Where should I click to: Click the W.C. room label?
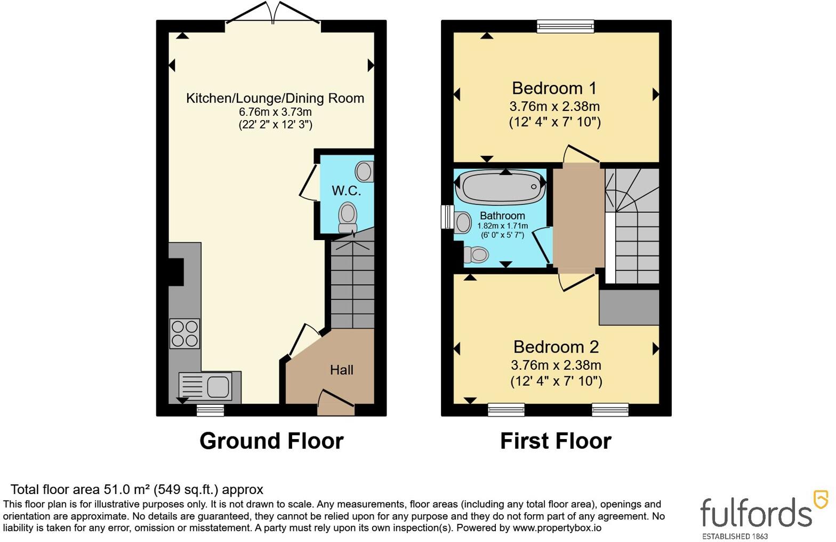[x=347, y=191]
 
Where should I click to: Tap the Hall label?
[x=341, y=370]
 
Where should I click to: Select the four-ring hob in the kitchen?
[x=184, y=333]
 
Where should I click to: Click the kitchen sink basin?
[x=219, y=387]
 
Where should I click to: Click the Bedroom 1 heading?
[x=554, y=89]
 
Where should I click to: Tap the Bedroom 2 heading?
[x=556, y=347]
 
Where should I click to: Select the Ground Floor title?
[x=271, y=441]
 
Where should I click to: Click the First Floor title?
[x=556, y=441]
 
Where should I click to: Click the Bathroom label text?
[x=502, y=216]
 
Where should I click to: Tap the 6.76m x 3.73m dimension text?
[x=276, y=111]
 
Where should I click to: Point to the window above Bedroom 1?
[x=565, y=26]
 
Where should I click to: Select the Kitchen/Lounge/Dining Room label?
[x=275, y=98]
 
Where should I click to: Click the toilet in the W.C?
[x=348, y=218]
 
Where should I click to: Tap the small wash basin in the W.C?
[x=365, y=171]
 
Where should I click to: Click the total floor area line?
[x=137, y=489]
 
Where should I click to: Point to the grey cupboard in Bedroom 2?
[x=629, y=307]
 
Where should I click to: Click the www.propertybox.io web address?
[x=557, y=528]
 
